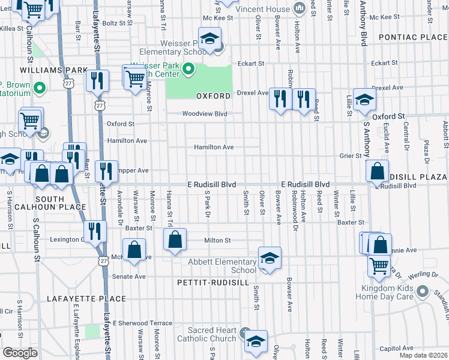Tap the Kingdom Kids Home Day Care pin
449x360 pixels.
point(423,292)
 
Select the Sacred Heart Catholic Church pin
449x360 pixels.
point(245,332)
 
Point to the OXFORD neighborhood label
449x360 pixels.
point(213,96)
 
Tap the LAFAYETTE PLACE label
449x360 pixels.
point(89,298)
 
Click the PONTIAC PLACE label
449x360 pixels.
point(413,37)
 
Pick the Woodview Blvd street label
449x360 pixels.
point(205,113)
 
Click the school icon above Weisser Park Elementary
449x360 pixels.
point(209,39)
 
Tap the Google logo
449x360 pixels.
point(20,353)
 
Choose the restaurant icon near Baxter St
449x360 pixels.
point(95,231)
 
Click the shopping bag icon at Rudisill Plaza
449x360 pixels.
point(378,172)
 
